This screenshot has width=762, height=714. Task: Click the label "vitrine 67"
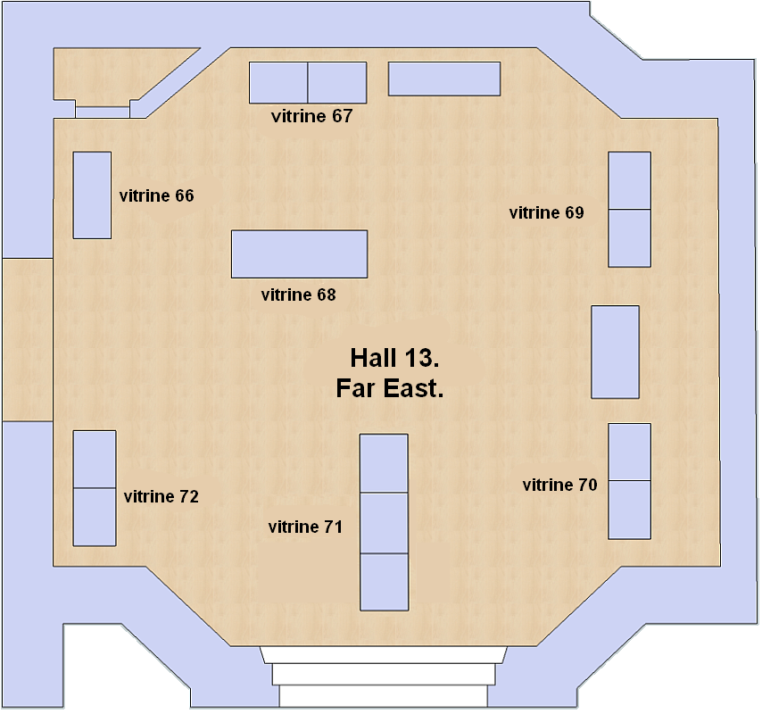(x=311, y=116)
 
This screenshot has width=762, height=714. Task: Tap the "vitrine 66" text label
(x=156, y=195)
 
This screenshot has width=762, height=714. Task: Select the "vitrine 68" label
(x=298, y=295)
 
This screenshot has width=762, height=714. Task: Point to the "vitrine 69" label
(x=547, y=213)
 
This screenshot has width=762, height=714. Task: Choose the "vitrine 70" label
(x=559, y=485)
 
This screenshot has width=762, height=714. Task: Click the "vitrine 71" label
(x=305, y=527)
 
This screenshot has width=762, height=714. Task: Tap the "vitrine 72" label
(x=162, y=497)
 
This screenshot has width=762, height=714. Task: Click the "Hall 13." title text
(x=394, y=358)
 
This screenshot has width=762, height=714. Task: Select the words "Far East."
(x=390, y=388)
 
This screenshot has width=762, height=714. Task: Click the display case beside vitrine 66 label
(x=92, y=195)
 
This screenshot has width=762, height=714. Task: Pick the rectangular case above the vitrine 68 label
(x=300, y=254)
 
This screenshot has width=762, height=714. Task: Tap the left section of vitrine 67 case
(x=278, y=83)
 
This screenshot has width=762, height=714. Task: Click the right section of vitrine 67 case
(x=337, y=83)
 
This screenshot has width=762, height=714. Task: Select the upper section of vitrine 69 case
(x=630, y=181)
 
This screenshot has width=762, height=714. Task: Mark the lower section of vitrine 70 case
(x=630, y=510)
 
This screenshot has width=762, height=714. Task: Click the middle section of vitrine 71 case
(x=384, y=523)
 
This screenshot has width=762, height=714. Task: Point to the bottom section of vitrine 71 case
(x=385, y=582)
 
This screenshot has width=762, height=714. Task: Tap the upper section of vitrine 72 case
(x=95, y=460)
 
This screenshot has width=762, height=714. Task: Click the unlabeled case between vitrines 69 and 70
(x=616, y=353)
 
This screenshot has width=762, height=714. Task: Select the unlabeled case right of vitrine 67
(x=444, y=79)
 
